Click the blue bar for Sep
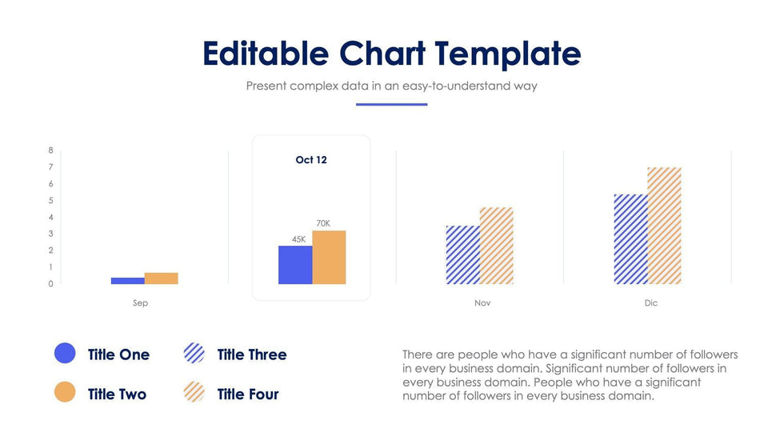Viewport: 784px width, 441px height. point(127,280)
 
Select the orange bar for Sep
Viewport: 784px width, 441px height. point(161,278)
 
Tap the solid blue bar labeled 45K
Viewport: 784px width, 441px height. point(295,265)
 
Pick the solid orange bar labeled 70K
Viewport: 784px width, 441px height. point(329,257)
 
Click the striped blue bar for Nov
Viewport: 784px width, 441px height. point(462,255)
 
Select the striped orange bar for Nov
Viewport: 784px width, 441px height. point(496,246)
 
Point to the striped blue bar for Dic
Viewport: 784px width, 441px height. point(630,239)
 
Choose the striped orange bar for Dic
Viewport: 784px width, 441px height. point(664,226)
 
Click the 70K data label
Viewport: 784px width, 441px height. point(322,223)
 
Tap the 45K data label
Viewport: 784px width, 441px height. point(298,239)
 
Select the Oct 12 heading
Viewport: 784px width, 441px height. point(311,160)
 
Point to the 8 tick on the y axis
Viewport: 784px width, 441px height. point(50,150)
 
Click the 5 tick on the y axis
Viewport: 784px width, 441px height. point(50,201)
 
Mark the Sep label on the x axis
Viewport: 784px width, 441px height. point(140,303)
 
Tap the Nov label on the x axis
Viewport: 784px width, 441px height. point(482,303)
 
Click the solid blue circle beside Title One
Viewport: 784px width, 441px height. point(65,353)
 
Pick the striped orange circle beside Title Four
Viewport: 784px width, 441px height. point(194,392)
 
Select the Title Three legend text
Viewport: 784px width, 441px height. point(251,355)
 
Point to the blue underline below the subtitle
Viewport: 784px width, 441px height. point(391,104)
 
